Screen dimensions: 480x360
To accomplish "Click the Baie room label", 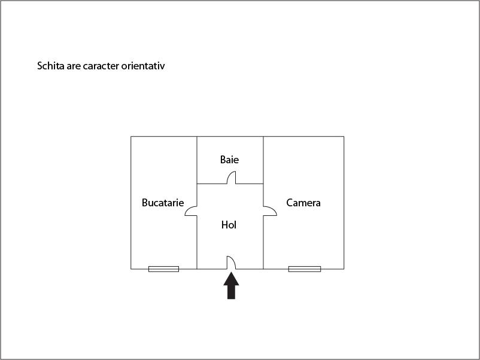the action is (229, 159).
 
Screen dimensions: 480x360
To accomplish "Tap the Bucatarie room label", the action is (163, 203).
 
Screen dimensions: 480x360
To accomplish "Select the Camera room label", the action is (303, 203).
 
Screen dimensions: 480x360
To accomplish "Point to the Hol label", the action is (229, 225).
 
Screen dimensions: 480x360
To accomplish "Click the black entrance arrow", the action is (231, 286).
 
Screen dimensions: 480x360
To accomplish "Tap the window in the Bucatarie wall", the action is (164, 269).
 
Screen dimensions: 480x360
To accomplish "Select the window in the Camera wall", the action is (305, 269).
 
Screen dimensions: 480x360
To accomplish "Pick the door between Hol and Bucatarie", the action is (190, 211).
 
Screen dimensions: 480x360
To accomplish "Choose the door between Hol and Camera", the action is (271, 210).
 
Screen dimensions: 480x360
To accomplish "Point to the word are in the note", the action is (74, 66).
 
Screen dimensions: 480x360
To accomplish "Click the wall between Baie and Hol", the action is (230, 184).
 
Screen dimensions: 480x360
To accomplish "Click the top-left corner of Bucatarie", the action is (130, 136).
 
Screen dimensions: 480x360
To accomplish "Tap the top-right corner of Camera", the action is (344, 136).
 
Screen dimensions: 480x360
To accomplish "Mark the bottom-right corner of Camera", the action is (344, 269).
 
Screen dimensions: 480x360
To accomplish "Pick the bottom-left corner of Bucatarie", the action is (130, 269).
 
